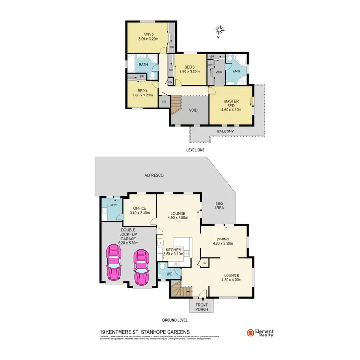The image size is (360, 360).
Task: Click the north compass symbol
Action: pyautogui.click(x=220, y=30)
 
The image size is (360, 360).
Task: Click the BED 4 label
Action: pyautogui.click(x=142, y=90)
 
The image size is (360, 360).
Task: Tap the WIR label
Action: pyautogui.click(x=218, y=72)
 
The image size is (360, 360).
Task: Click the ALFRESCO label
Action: pyautogui.click(x=155, y=176)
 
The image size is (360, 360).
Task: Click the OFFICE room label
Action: pyautogui.click(x=140, y=208)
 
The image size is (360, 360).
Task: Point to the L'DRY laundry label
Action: pyautogui.click(x=112, y=205)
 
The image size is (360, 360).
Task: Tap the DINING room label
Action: pyautogui.click(x=222, y=239)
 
